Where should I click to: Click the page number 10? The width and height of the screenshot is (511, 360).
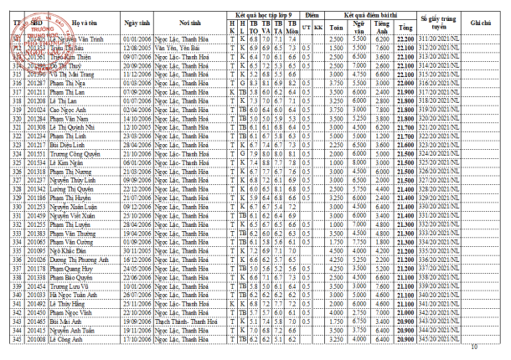click(474, 347)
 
